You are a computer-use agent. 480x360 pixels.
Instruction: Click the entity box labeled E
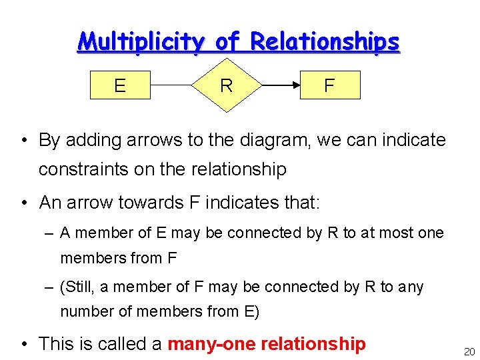click(x=120, y=85)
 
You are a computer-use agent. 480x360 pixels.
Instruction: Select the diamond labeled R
click(x=226, y=85)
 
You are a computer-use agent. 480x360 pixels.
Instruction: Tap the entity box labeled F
click(x=329, y=85)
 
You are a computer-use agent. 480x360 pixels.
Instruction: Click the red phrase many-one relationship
click(x=267, y=343)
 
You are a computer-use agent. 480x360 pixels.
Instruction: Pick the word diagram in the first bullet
click(x=274, y=140)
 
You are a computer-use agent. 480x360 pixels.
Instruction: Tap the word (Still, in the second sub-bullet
click(x=78, y=287)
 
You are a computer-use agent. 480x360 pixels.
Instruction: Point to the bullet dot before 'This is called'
click(x=23, y=344)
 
